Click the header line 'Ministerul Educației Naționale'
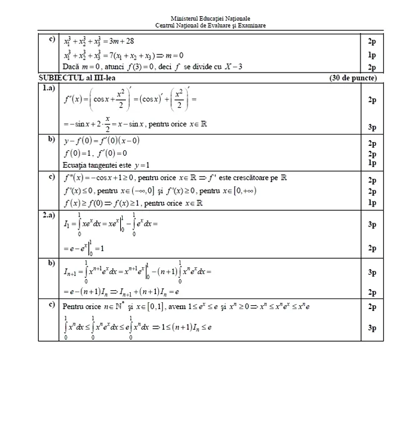[210, 19]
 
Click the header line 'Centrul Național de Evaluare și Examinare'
[210, 25]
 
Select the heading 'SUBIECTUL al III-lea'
[74, 78]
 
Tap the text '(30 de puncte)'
[352, 78]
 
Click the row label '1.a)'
[48, 88]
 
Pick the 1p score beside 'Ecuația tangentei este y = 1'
[372, 163]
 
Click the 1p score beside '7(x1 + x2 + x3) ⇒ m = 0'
[372, 55]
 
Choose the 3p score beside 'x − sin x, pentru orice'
[372, 127]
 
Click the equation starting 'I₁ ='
[110, 224]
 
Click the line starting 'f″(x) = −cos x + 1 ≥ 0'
[175, 178]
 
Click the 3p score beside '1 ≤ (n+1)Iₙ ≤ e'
[372, 327]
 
